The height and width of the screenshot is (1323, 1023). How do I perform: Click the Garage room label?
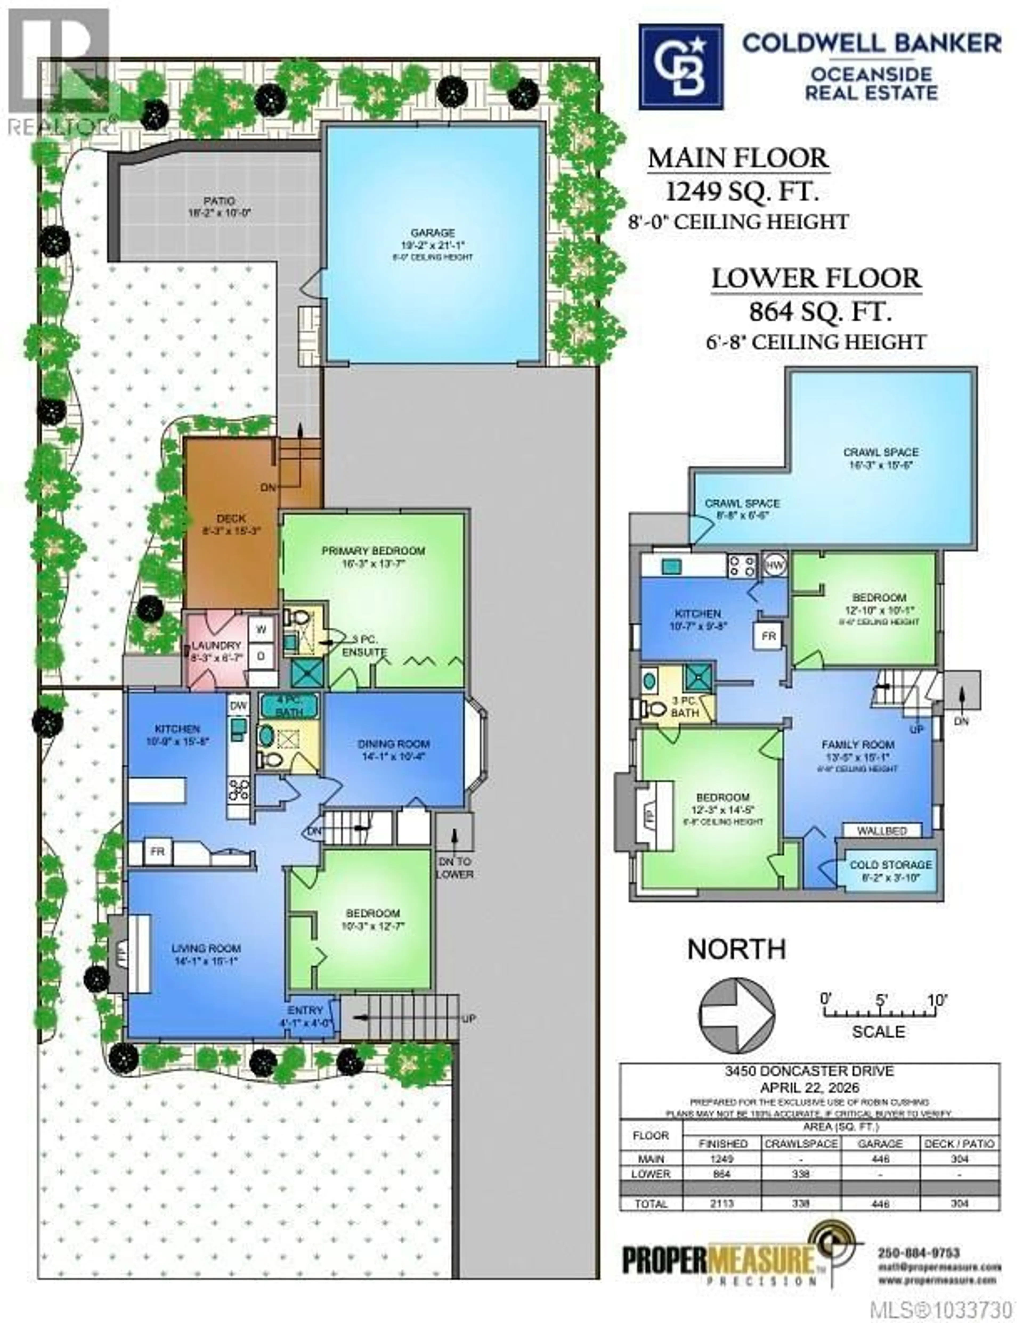pyautogui.click(x=432, y=233)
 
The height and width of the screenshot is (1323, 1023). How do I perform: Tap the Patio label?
pyautogui.click(x=219, y=200)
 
